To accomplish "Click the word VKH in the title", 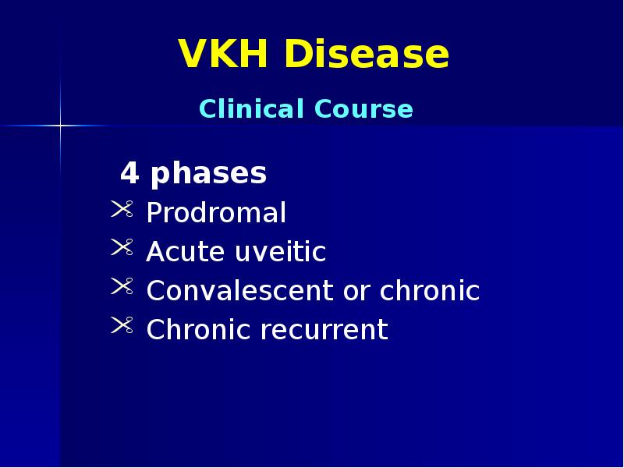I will click(225, 55).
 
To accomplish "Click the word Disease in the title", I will click(367, 55).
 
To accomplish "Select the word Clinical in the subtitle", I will click(250, 109).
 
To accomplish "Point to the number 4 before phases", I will click(129, 174).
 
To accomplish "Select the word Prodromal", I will click(216, 213).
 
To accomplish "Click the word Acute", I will click(185, 252).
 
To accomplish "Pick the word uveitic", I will click(279, 252).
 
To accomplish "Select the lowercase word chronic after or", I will click(430, 291).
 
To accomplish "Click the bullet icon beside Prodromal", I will click(122, 208).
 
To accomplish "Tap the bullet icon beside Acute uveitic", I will click(122, 247).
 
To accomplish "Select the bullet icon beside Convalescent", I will click(122, 286).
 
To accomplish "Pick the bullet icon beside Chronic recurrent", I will click(122, 325).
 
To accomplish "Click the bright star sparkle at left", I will click(60, 125).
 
